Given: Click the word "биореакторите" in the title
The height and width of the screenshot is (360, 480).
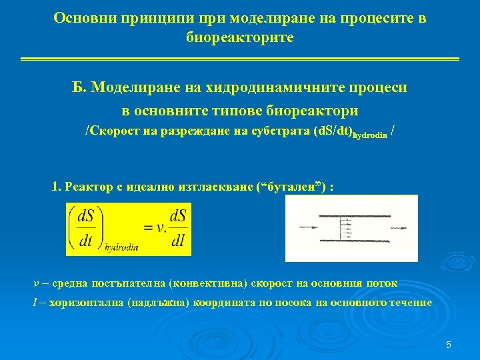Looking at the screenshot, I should [x=239, y=38].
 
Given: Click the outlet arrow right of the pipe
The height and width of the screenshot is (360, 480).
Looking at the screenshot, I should [x=400, y=227].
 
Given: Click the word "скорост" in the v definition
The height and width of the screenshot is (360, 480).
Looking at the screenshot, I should [x=273, y=283].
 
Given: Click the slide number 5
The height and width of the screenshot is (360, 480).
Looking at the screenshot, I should [x=448, y=345].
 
